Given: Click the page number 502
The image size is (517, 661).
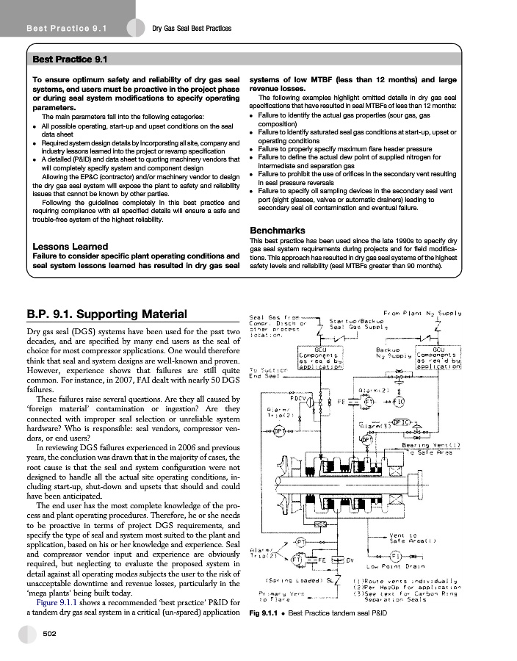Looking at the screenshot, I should [51, 633].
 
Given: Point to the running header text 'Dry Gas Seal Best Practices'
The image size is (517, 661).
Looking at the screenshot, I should [191, 29].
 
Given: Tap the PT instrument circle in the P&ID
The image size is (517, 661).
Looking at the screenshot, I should [300, 542].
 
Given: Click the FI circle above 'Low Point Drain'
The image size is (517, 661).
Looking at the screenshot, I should [394, 555].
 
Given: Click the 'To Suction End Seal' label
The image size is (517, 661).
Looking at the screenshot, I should [268, 372].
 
